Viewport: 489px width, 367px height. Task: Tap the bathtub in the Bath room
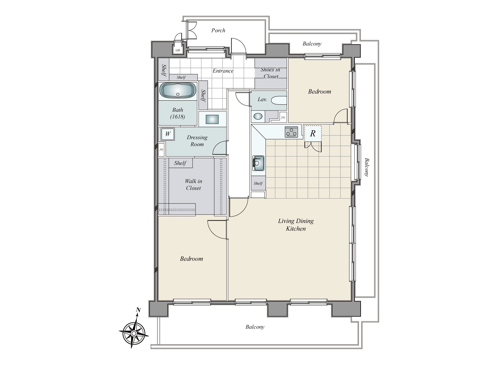pyautogui.click(x=178, y=91)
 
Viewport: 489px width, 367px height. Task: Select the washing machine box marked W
pyautogui.click(x=167, y=134)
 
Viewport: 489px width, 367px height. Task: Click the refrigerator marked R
pyautogui.click(x=313, y=133)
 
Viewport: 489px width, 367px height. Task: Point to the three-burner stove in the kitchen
pyautogui.click(x=291, y=132)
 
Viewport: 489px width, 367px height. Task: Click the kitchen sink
pyautogui.click(x=258, y=163)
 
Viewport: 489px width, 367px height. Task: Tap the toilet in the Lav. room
pyautogui.click(x=278, y=100)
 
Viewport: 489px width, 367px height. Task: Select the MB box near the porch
pyautogui.click(x=177, y=50)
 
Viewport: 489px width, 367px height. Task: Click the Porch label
pyautogui.click(x=218, y=30)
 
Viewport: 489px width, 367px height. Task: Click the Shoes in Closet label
pyautogui.click(x=270, y=73)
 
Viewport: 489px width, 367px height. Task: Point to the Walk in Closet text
pyautogui.click(x=193, y=185)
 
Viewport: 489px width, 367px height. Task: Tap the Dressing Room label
pyautogui.click(x=197, y=141)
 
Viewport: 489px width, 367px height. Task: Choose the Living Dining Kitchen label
pyautogui.click(x=296, y=225)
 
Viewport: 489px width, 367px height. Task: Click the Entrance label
pyautogui.click(x=223, y=71)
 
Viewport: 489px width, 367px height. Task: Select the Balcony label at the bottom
pyautogui.click(x=255, y=327)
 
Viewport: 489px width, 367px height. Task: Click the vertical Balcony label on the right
pyautogui.click(x=366, y=167)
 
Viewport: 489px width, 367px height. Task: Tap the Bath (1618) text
pyautogui.click(x=178, y=113)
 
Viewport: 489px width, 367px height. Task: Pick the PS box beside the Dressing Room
pyautogui.click(x=161, y=150)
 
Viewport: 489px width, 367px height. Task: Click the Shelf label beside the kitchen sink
pyautogui.click(x=258, y=183)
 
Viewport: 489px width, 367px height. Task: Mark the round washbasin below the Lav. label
pyautogui.click(x=258, y=116)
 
